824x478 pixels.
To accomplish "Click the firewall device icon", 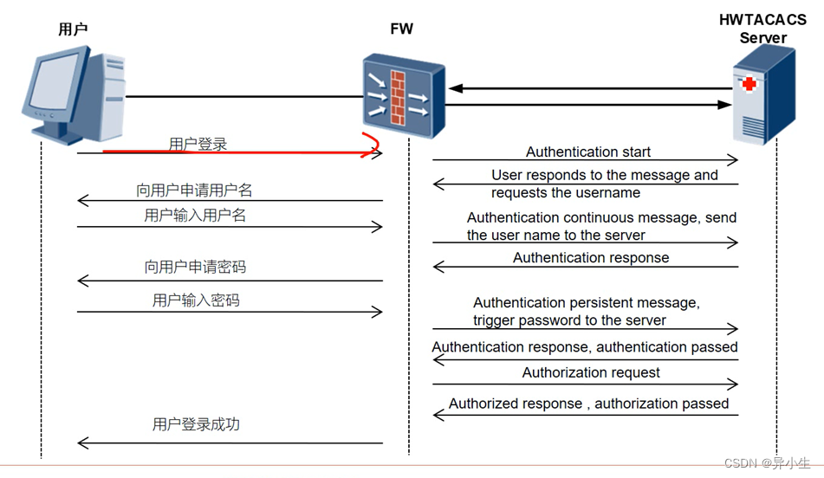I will click(x=403, y=94).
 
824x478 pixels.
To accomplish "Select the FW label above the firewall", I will click(x=402, y=29).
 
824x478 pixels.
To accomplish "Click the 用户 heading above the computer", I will click(x=73, y=29).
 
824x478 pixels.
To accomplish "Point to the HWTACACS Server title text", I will click(x=762, y=29).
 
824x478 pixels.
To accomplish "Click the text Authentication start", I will click(x=588, y=152).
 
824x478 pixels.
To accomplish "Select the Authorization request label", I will click(x=591, y=372).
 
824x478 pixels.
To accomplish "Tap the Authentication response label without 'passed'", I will click(x=591, y=257).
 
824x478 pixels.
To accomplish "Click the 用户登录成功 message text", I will click(x=196, y=424).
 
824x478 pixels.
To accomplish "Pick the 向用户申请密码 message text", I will click(x=195, y=267).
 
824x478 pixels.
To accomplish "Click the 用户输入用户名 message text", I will click(x=195, y=215).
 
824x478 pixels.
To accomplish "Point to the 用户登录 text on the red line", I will click(x=198, y=145).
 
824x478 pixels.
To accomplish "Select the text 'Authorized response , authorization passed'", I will click(x=589, y=404).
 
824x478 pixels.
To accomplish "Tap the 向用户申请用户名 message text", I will click(x=194, y=190).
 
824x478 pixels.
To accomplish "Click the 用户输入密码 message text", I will click(x=196, y=300).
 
